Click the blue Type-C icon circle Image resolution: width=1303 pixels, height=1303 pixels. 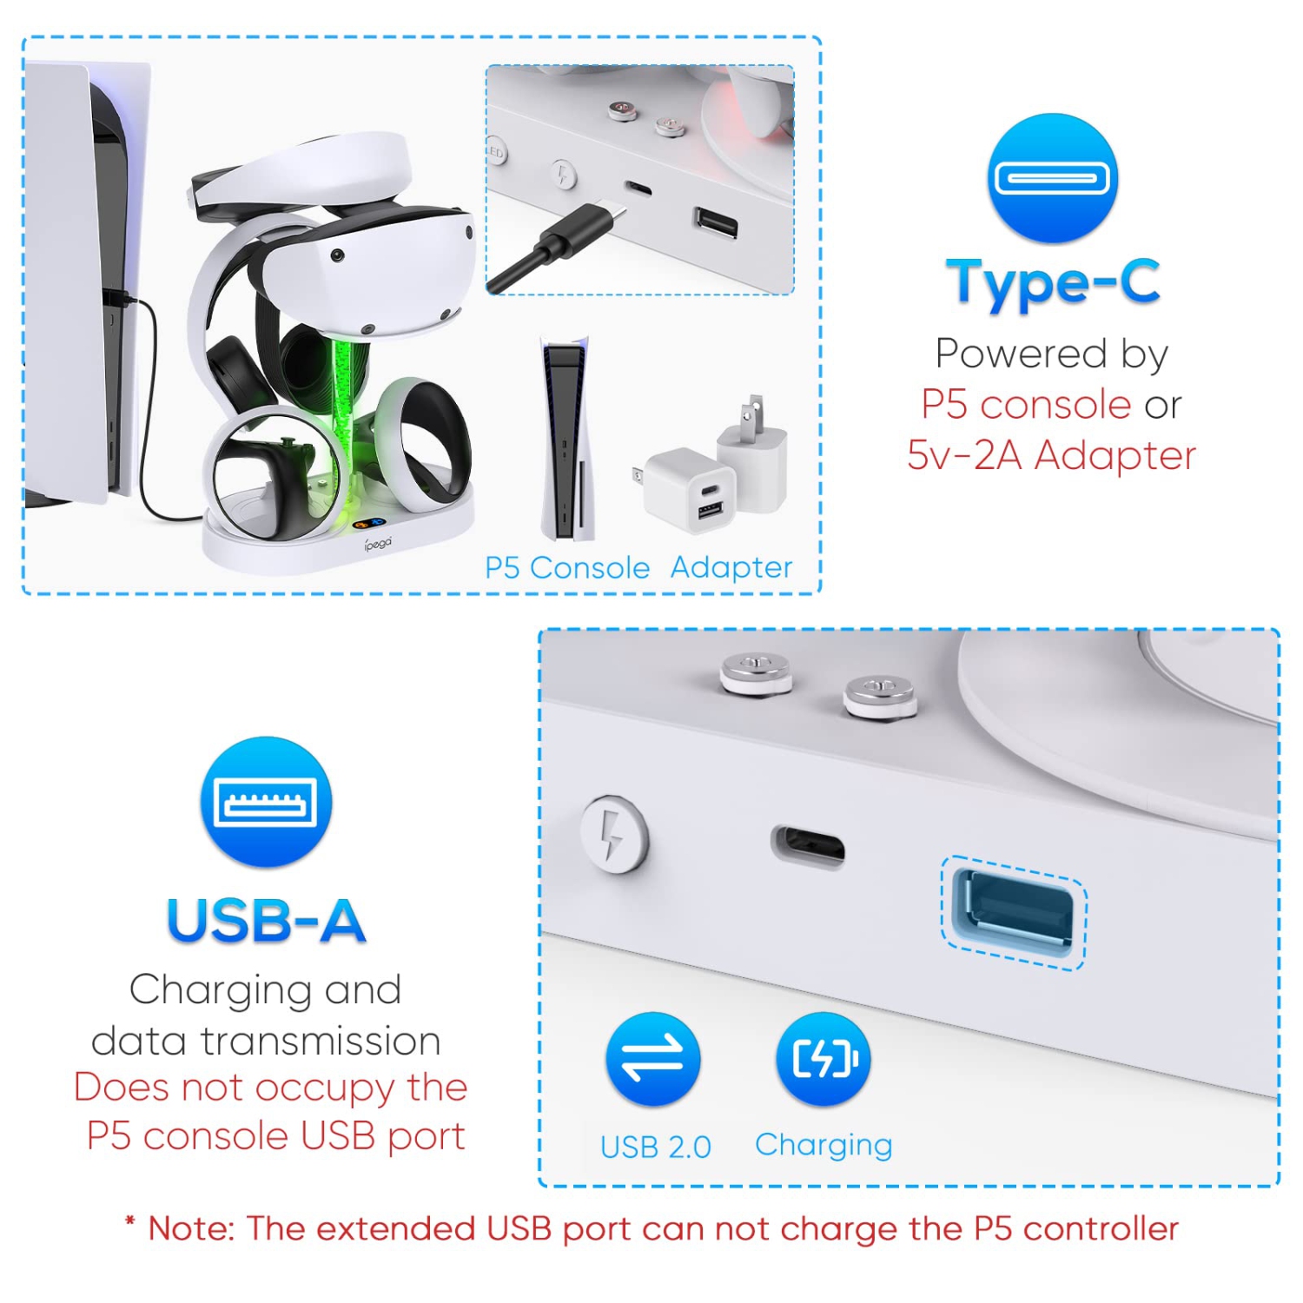1052,179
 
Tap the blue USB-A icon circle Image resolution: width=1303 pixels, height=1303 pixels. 266,802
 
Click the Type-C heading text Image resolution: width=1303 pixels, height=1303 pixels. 1053,281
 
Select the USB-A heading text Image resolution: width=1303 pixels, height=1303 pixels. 266,921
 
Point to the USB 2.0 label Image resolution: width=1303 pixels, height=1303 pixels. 655,1147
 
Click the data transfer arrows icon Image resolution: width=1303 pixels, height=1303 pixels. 652,1059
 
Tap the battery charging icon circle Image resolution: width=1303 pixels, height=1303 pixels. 823,1059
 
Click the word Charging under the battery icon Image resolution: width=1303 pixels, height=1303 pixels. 823,1145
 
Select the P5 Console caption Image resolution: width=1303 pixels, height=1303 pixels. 566,568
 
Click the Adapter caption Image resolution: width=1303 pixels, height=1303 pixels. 731,568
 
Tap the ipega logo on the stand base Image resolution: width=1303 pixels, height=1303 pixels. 378,544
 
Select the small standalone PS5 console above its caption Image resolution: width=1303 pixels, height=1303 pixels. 566,439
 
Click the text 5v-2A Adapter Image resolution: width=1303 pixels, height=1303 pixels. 1051,455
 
